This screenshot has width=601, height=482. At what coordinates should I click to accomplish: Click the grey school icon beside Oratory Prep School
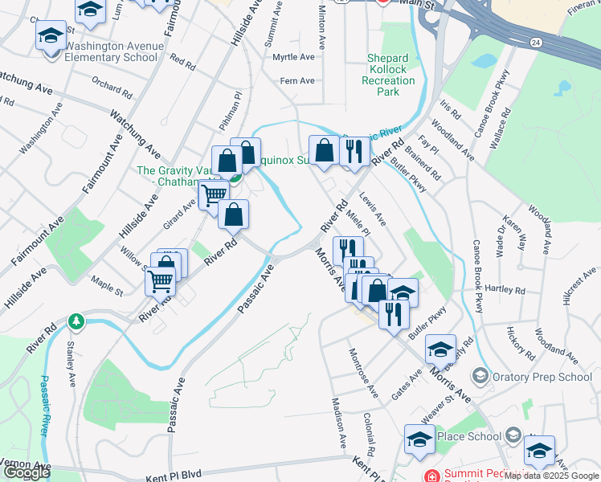pos(480,376)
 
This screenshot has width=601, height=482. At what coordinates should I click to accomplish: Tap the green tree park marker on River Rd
pos(76,322)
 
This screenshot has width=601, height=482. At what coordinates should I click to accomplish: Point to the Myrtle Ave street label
pos(293,57)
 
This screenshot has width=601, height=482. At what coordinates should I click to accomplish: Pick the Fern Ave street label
pos(296,80)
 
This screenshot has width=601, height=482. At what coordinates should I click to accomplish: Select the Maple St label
pos(106,283)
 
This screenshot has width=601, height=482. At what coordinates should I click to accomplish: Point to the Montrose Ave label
pos(362,373)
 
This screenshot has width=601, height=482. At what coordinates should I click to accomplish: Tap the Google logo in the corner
pos(27,472)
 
